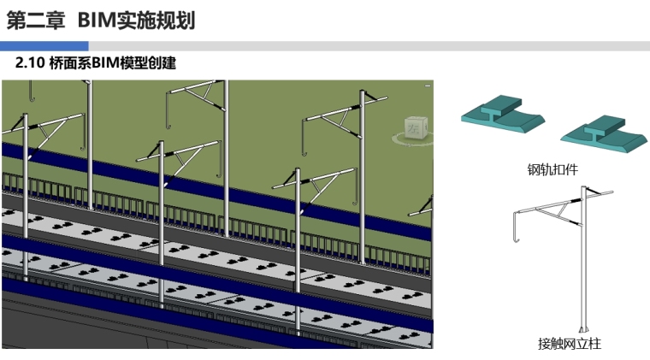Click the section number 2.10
[31, 64]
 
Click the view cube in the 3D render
[415, 127]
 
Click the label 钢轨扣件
[552, 169]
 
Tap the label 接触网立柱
[570, 344]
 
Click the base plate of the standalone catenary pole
[584, 330]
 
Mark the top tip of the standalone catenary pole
[583, 186]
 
